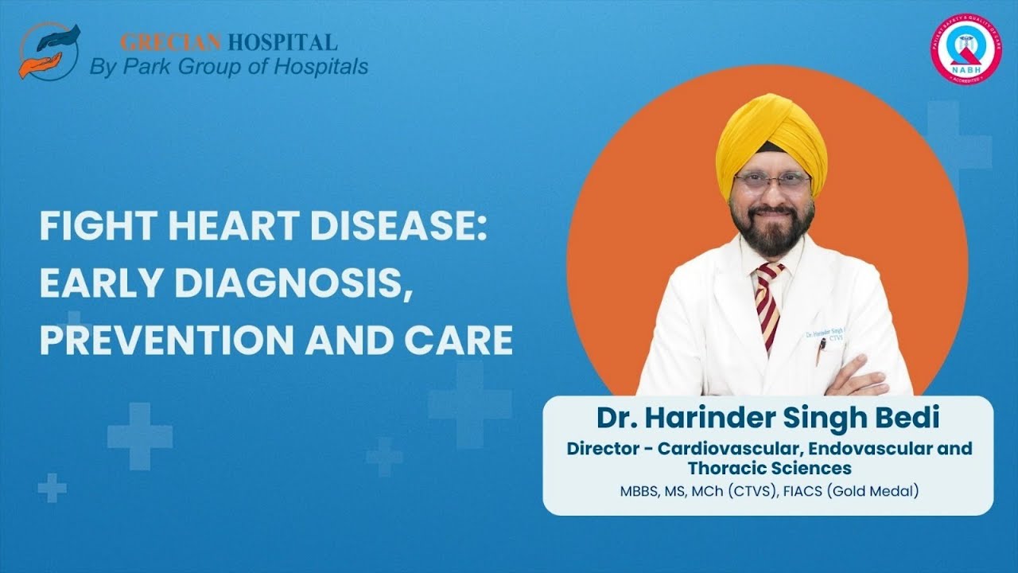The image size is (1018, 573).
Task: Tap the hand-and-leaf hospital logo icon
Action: (49, 50)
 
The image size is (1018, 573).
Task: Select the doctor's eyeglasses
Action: (771, 182)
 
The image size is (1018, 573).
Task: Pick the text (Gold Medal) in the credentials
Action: (872, 491)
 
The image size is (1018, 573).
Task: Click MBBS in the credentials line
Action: (639, 491)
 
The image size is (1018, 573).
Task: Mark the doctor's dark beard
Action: (771, 231)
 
